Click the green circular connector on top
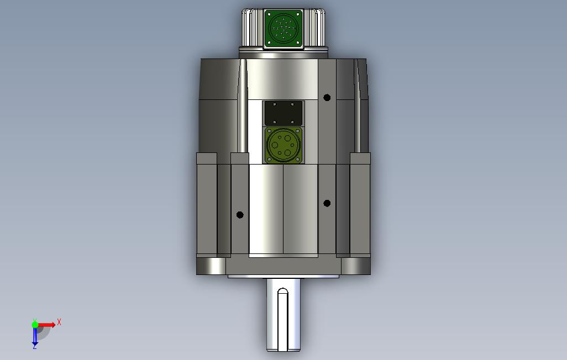(283, 28)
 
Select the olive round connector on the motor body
(283, 145)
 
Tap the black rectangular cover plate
(283, 113)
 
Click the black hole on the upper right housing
(327, 98)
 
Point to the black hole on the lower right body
(327, 204)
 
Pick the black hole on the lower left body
(240, 215)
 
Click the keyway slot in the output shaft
(283, 319)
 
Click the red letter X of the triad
(59, 322)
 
